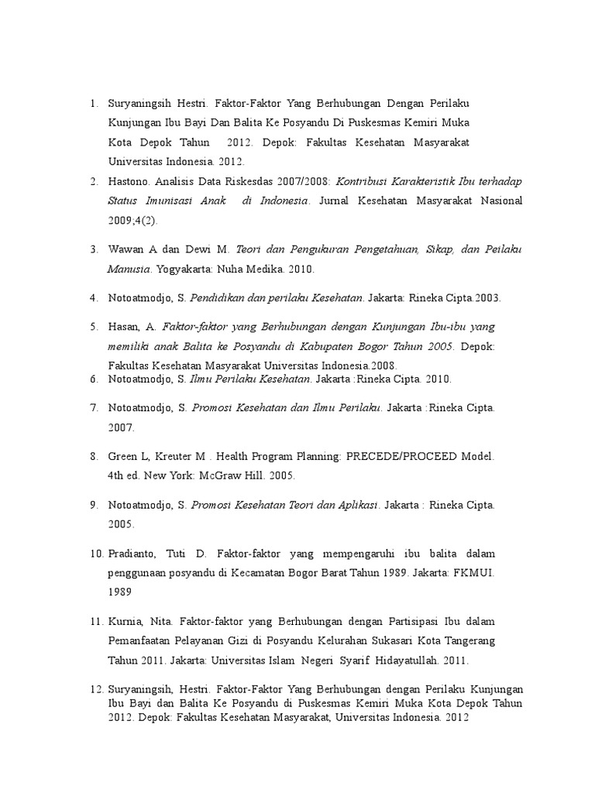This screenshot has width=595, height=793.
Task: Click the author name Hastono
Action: [129, 182]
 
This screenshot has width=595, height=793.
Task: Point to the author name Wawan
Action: [126, 250]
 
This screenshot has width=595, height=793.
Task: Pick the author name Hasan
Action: [125, 327]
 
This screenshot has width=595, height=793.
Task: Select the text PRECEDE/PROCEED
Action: [400, 457]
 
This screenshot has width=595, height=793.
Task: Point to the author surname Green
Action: [124, 457]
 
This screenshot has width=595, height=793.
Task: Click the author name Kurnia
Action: [125, 622]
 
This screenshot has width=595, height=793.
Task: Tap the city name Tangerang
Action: [465, 641]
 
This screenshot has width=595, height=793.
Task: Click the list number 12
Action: [96, 689]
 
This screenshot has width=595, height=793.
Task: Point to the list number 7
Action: [93, 407]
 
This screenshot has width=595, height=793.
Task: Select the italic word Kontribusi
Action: [368, 182]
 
